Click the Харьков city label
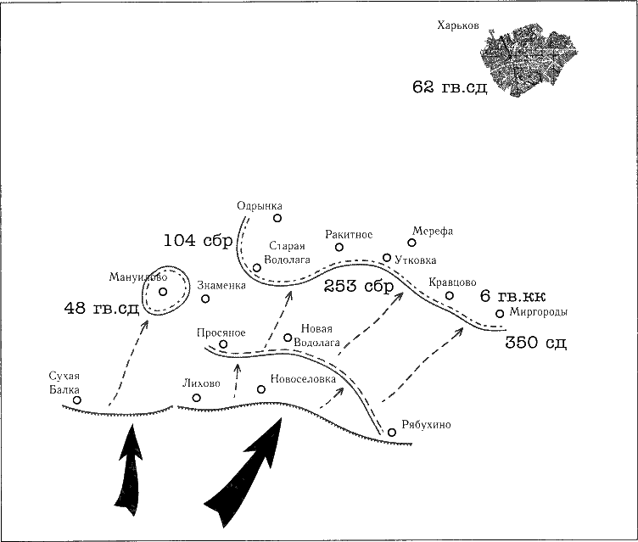458,26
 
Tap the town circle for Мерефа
412,243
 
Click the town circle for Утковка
387,257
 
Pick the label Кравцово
452,282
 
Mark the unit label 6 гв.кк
512,296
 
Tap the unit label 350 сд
535,344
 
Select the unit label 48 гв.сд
101,308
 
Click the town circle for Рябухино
392,433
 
